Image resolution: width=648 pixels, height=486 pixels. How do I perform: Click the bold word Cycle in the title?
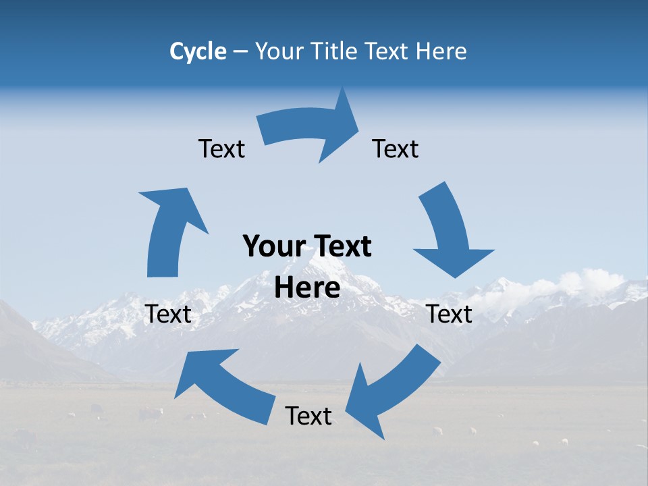click(x=198, y=51)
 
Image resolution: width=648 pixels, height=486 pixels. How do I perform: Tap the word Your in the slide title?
click(x=279, y=51)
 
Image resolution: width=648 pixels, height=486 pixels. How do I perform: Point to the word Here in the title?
click(x=441, y=51)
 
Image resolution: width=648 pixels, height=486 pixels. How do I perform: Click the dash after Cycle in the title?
click(x=240, y=52)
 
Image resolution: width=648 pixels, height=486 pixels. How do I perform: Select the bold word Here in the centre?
click(x=307, y=288)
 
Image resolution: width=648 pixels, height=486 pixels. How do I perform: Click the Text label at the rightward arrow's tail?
click(x=221, y=148)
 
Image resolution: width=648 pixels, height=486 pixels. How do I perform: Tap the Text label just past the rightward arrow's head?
click(x=396, y=148)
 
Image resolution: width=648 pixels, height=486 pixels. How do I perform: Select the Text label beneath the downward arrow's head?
click(x=450, y=314)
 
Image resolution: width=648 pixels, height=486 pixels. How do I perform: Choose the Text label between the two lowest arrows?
click(x=308, y=416)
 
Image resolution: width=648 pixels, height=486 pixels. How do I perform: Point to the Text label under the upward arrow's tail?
click(x=169, y=314)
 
